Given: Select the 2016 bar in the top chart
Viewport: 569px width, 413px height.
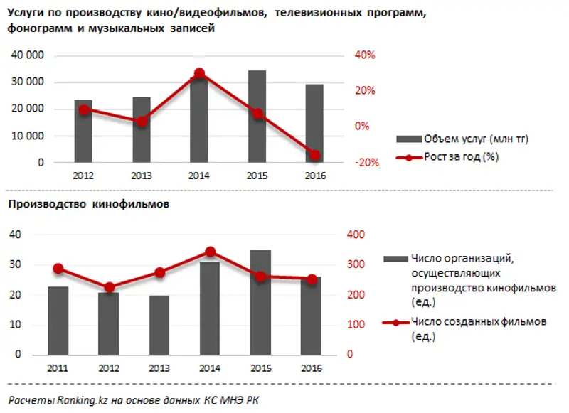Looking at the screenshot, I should tap(314, 124).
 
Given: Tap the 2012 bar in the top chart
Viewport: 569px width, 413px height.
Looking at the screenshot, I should tap(84, 132).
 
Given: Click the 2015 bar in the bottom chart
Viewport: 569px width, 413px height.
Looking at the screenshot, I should tap(261, 302).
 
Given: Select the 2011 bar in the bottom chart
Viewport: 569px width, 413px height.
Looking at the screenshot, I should tap(58, 321).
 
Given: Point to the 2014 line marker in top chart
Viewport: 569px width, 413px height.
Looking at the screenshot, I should tap(199, 73).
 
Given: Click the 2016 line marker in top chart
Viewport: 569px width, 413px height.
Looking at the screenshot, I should tap(314, 155).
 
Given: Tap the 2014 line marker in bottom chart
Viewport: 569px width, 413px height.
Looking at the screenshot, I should tap(210, 252).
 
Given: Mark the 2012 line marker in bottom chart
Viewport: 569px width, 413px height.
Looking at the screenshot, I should tap(109, 288).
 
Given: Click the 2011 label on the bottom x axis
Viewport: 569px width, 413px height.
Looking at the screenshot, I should tap(58, 368).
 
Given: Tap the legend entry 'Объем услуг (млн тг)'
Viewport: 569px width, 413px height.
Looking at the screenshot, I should tap(475, 139).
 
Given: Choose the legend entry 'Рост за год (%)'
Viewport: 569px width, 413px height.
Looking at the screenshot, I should tap(460, 157).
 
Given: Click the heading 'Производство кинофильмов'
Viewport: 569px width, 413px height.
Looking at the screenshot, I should tap(89, 205).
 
